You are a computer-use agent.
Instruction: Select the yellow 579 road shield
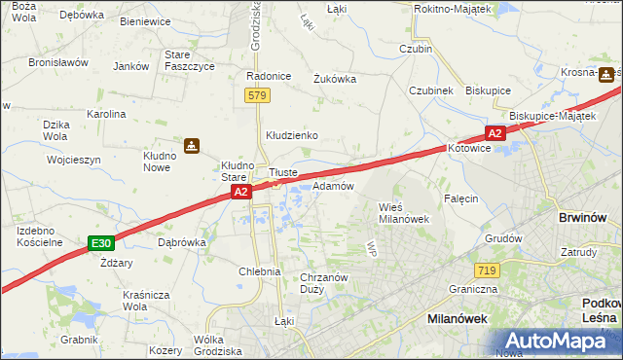[x=257, y=95]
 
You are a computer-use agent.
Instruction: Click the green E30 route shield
[x=99, y=242]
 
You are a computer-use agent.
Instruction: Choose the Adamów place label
[x=333, y=185]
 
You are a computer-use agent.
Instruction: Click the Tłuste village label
[x=282, y=172]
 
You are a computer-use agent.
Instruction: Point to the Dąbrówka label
[x=181, y=242]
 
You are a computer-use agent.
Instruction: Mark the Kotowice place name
[x=471, y=150]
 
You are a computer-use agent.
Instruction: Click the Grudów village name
[x=503, y=237]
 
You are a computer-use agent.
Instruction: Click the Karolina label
[x=107, y=114]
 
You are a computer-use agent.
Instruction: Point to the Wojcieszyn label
[x=73, y=159]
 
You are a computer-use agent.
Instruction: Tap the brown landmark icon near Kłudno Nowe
[x=192, y=146]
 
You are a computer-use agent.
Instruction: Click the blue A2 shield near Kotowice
[x=495, y=133]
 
